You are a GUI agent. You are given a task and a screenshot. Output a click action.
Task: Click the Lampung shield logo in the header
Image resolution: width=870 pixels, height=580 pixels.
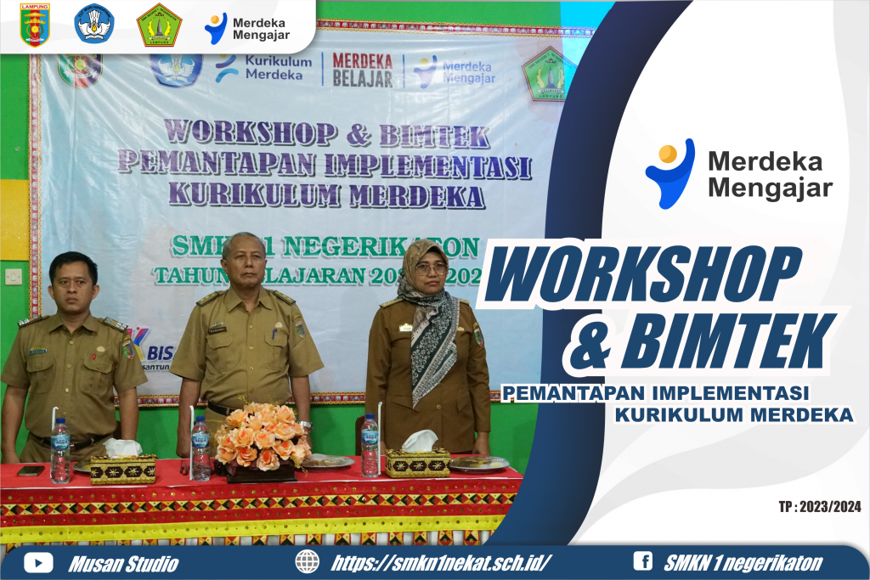pyautogui.click(x=35, y=24)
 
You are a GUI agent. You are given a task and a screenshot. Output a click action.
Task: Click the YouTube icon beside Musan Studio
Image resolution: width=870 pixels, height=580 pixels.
pyautogui.click(x=38, y=562)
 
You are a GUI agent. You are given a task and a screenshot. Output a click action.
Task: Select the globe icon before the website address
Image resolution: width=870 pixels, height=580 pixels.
pyautogui.click(x=308, y=561)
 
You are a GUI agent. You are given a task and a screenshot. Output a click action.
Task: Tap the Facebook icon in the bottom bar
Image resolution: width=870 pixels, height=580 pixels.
pyautogui.click(x=643, y=561)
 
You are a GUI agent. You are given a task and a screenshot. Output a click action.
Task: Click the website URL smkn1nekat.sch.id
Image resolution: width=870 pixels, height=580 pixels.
pyautogui.click(x=441, y=562)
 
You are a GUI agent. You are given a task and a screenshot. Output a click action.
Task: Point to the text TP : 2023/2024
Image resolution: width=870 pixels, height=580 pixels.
pyautogui.click(x=819, y=507)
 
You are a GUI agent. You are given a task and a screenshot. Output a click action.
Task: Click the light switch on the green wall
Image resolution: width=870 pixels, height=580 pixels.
pyautogui.click(x=14, y=276)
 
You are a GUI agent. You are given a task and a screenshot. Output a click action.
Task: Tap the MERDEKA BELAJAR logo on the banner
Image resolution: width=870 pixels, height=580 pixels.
pyautogui.click(x=362, y=70)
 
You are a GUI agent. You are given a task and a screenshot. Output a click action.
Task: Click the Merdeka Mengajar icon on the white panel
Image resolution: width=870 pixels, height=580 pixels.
pyautogui.click(x=669, y=172)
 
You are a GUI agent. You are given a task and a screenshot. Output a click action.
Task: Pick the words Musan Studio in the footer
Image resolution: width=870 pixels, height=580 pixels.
pyautogui.click(x=124, y=562)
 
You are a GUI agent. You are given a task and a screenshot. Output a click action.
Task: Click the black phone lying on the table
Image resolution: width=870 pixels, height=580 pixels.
pyautogui.click(x=31, y=470)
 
